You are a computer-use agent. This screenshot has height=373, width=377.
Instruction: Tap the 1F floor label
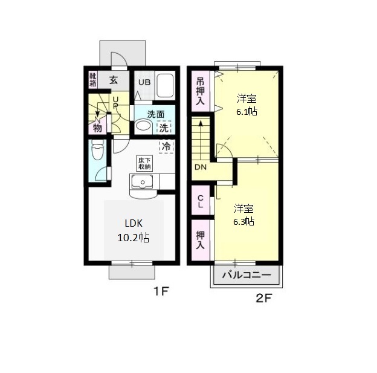159,291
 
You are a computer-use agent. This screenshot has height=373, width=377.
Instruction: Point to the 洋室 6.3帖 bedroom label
244,215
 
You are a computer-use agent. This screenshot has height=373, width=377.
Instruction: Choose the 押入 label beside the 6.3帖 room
201,236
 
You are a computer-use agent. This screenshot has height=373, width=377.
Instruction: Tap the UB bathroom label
144,83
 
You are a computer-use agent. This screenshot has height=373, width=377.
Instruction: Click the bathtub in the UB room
164,86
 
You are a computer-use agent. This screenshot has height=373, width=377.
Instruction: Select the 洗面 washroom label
155,114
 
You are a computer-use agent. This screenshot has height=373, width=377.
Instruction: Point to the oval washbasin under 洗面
144,126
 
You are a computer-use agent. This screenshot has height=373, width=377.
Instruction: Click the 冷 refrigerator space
165,146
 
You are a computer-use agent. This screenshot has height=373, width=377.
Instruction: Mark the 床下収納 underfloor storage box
144,162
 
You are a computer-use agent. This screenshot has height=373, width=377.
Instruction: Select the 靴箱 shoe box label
93,79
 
